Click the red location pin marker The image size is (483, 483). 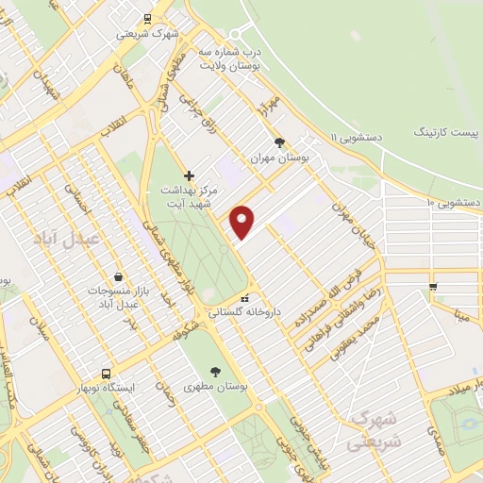coord(242,223)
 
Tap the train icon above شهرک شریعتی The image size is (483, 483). coord(146,18)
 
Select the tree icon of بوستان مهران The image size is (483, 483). coord(279,142)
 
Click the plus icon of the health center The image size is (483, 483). coord(189,175)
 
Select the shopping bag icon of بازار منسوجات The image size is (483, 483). coord(116,276)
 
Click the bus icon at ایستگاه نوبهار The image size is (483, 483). coord(106,373)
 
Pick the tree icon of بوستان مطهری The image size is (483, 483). coord(216,371)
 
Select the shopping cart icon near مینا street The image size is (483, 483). coord(433,285)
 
